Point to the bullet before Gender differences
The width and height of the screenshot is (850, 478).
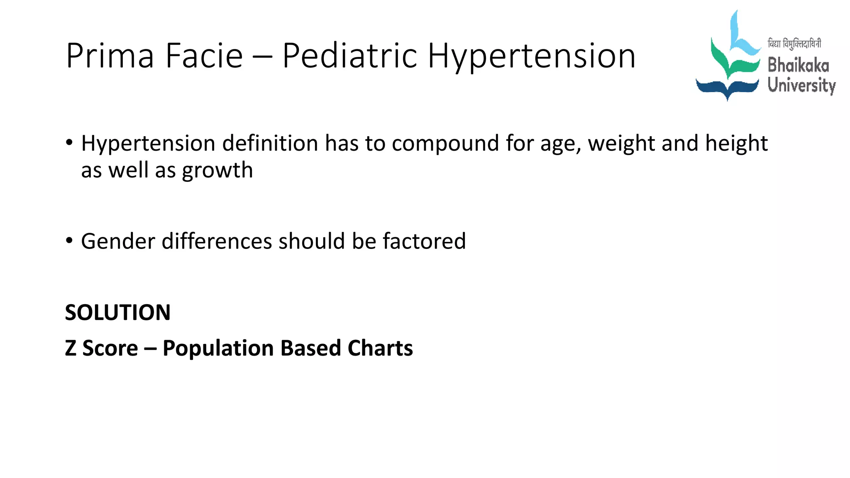click(x=69, y=240)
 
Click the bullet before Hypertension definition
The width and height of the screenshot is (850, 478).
click(x=69, y=143)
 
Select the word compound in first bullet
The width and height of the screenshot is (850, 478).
click(x=445, y=144)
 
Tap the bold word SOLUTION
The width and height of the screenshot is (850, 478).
click(x=118, y=312)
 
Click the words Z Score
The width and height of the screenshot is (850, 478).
click(x=102, y=348)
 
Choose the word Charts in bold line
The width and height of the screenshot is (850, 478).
click(x=380, y=348)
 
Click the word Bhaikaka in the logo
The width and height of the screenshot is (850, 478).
click(x=798, y=66)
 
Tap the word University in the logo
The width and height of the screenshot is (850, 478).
click(x=801, y=85)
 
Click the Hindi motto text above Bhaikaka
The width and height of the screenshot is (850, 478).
click(x=794, y=44)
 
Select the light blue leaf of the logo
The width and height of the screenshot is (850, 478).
click(x=741, y=37)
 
